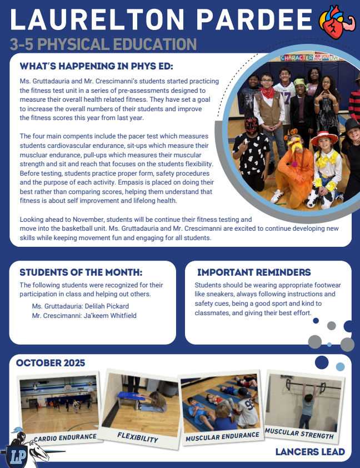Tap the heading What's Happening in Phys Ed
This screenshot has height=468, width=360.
[x=97, y=66]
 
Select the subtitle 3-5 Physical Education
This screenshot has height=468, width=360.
[x=103, y=44]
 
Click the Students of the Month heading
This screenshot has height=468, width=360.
[x=81, y=272]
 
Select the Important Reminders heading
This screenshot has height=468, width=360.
[x=254, y=272]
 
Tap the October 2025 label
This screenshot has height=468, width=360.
[x=51, y=363]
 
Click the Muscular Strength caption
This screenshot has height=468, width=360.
[x=299, y=434]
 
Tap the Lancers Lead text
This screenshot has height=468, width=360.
[x=310, y=452]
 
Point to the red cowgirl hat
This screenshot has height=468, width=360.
[x=324, y=137]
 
